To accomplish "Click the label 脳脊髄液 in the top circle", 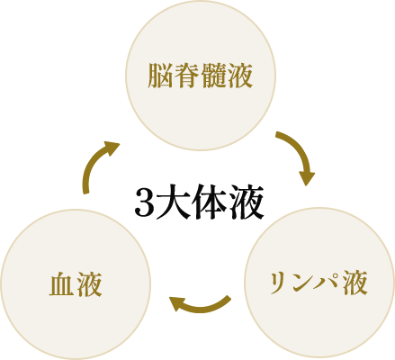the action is tap(200, 76).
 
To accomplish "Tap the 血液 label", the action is tap(76, 284).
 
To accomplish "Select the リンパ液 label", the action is tap(319, 283).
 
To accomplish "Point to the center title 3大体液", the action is tap(199, 202).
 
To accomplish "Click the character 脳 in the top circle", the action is tap(160, 76).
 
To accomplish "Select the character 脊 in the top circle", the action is tap(187, 76).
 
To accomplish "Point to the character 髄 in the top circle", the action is tap(213, 76).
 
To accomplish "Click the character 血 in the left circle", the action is tap(62, 284).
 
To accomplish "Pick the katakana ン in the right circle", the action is tap(303, 283).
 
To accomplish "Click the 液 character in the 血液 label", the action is tap(89, 284).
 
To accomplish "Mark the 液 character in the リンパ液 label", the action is tap(355, 283).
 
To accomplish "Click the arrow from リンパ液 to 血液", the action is tap(199, 307).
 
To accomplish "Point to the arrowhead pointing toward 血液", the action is tap(177, 303).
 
